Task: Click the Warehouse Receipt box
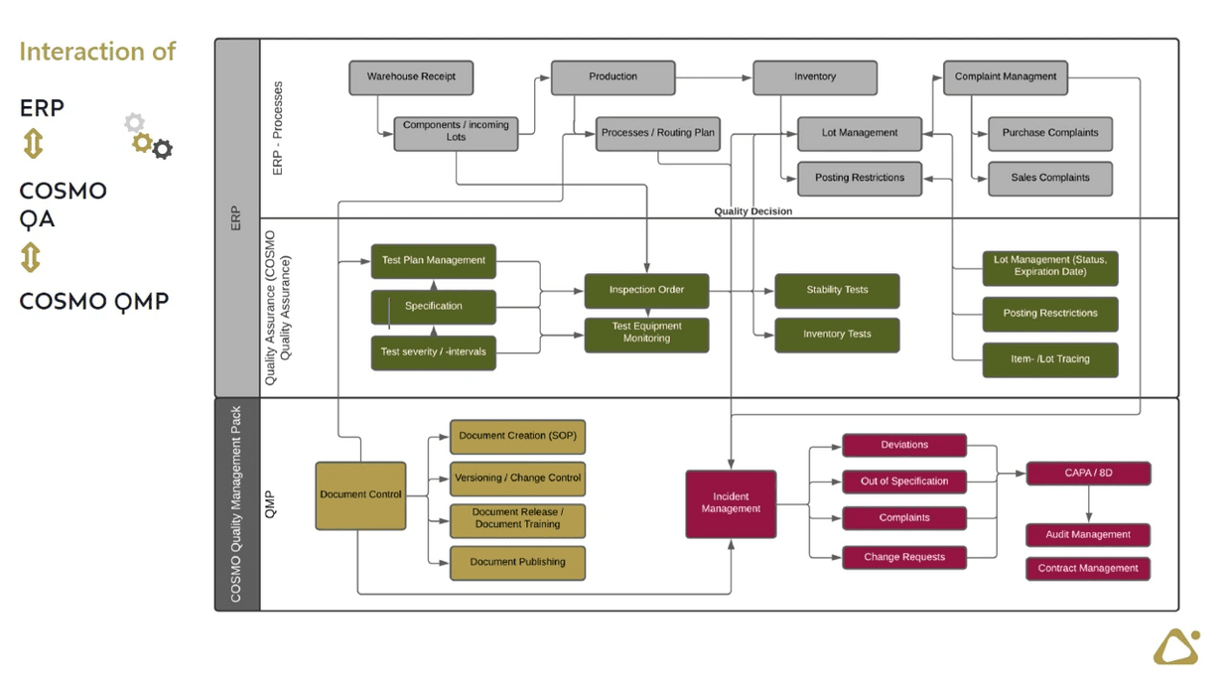tap(410, 77)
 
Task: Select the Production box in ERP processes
tap(612, 77)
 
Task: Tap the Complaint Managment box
tap(1005, 77)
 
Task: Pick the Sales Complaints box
tap(1049, 179)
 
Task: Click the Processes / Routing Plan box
tap(657, 133)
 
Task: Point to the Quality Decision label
tap(752, 211)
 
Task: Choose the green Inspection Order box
tap(646, 290)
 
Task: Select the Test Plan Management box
tap(433, 261)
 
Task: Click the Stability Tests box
tap(837, 290)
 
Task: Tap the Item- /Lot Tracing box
tap(1049, 359)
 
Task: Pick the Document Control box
tap(360, 494)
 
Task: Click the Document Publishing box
tap(517, 562)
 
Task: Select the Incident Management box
tap(731, 503)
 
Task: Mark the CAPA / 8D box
tap(1088, 474)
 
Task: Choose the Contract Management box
tap(1088, 569)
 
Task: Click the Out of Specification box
tap(903, 482)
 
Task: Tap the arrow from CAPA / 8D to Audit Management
tap(1089, 504)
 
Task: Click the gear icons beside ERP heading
tap(148, 137)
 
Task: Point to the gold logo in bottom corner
tap(1176, 647)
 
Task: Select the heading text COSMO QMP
tap(93, 302)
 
